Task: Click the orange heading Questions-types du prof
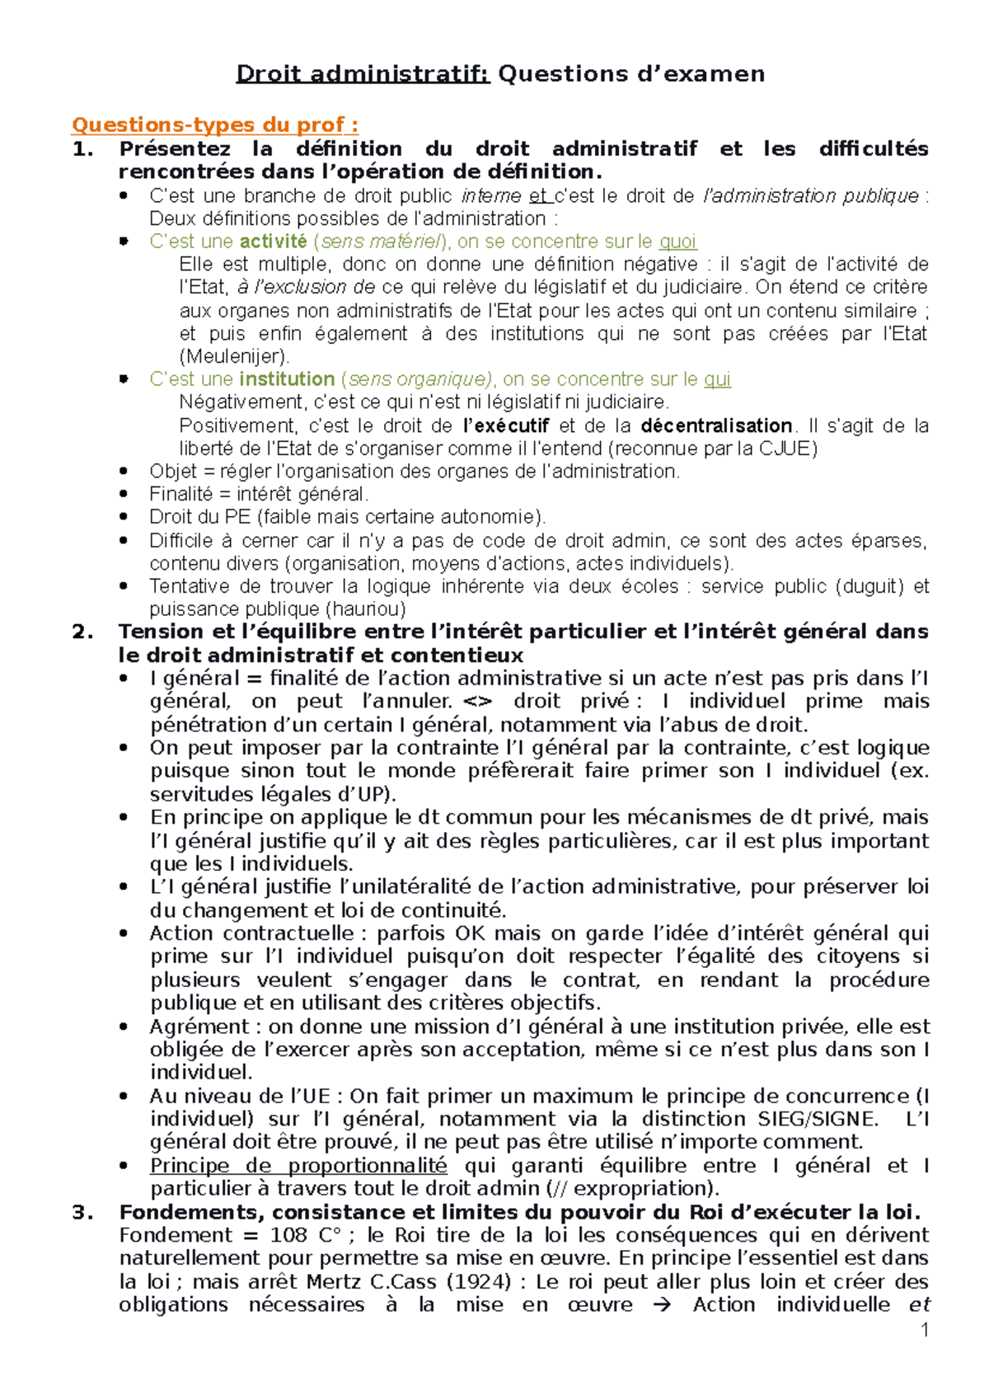coord(214,124)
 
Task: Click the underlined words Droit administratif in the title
coord(363,74)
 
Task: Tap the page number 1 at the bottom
coord(925,1329)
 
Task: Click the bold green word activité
coord(273,242)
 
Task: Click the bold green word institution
coord(286,379)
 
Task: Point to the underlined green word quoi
coord(677,242)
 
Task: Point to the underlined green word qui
coord(717,379)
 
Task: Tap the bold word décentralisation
coord(715,426)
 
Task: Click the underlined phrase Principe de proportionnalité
coord(298,1166)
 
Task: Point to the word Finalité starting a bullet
coord(180,495)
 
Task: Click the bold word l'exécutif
coord(506,426)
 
